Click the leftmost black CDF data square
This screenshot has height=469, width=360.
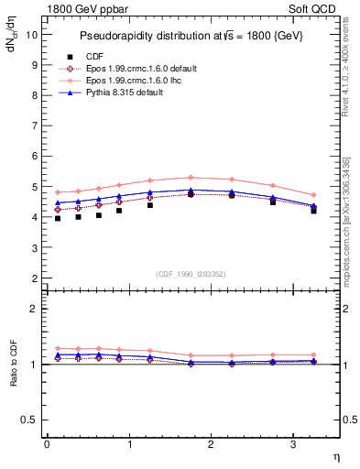pos(58,218)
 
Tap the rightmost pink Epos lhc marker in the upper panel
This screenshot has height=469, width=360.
pos(313,194)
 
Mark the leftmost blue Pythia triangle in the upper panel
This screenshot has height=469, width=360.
pos(58,202)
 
